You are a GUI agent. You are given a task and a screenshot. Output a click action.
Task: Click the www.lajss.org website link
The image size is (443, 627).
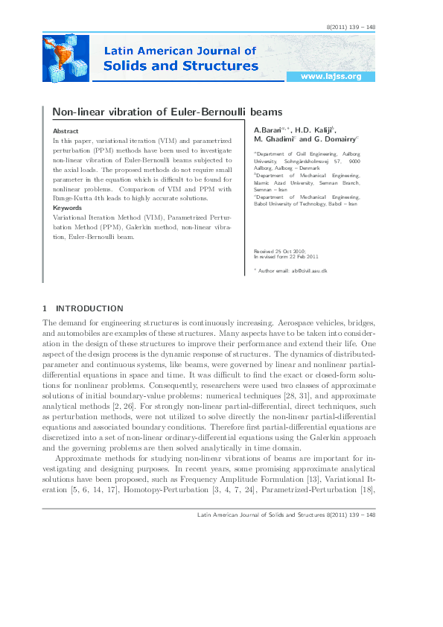point(330,77)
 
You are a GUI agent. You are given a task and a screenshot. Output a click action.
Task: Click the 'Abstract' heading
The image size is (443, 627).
point(66,130)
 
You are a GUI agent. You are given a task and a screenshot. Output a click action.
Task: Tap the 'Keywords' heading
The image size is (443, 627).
point(68,208)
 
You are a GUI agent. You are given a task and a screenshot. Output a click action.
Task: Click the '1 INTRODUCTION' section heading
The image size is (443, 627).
point(83,308)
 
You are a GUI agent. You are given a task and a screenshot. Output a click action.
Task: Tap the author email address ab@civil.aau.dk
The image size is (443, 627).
point(310,270)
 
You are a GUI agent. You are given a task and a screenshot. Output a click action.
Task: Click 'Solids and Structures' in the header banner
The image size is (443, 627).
point(181,66)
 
